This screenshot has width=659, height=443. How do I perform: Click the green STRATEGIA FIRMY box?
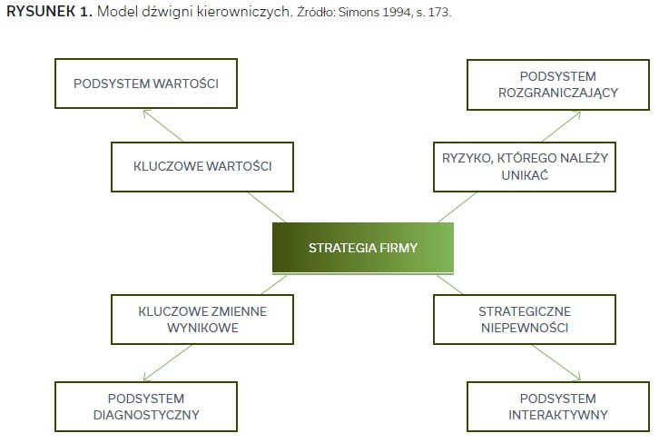363,248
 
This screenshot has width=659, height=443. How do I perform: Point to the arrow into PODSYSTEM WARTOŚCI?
163,125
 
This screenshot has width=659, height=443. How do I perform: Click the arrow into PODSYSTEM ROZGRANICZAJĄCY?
562,126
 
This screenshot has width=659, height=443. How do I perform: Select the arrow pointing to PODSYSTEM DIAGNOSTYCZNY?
167,363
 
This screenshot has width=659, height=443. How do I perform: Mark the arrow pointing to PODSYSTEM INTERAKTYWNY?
556,363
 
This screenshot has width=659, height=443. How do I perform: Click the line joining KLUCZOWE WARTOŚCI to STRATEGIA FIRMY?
267,207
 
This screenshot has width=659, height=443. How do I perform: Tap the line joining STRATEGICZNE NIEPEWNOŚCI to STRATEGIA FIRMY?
449,284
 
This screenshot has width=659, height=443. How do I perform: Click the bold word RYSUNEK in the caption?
41,12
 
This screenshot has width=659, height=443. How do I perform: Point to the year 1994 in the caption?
397,12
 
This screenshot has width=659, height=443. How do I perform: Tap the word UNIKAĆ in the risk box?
525,174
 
